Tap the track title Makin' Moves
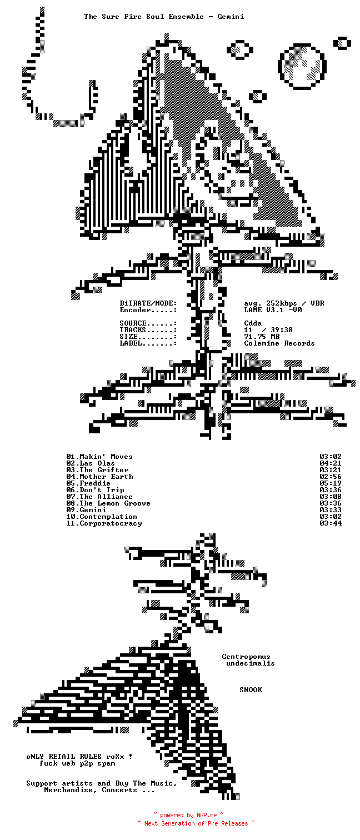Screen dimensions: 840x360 coord(106,457)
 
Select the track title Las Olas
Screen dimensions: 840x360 coord(97,463)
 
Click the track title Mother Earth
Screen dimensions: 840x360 coord(106,477)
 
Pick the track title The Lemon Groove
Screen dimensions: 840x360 coord(115,503)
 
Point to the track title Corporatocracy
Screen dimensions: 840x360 coord(111,523)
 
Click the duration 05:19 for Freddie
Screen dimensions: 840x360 coord(331,483)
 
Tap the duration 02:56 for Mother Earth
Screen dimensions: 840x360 coord(331,477)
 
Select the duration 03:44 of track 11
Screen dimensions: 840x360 coord(331,523)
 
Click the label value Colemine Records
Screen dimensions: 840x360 coord(279,343)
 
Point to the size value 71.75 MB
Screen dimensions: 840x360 coord(262,337)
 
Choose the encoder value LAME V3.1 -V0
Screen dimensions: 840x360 coord(273,310)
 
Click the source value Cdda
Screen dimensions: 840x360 coord(253,323)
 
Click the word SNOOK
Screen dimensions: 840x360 coord(251,690)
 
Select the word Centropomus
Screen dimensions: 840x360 coord(246,657)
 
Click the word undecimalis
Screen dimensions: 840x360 coord(251,663)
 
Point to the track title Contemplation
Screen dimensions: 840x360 coord(108,517)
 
